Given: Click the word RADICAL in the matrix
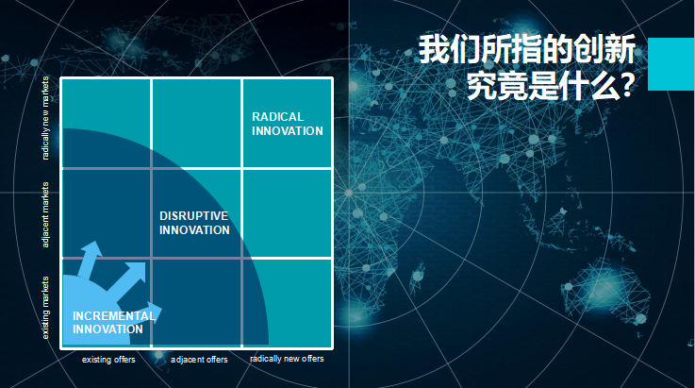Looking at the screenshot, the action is tap(278, 117).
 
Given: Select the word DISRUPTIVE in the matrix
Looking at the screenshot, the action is tap(194, 216).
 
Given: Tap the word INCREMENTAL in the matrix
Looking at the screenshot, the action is tap(114, 315).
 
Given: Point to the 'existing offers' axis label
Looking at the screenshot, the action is tap(108, 360).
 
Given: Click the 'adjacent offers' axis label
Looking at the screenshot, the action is tap(199, 360).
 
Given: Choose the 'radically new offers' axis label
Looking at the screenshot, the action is tap(287, 359).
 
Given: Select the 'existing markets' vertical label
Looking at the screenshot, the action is tap(45, 308).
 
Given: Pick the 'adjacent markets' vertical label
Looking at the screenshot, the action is tap(45, 215).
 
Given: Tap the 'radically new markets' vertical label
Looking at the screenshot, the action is tap(45, 118).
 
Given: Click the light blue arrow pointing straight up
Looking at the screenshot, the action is tap(89, 260).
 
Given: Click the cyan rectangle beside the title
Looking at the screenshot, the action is tap(671, 64).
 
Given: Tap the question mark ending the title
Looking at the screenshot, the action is tap(627, 85).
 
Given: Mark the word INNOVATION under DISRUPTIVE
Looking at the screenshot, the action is tap(194, 230).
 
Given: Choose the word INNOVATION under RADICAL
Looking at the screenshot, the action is tap(288, 131).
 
